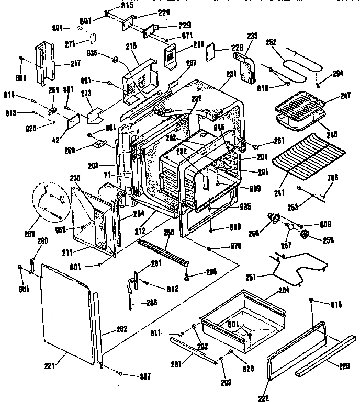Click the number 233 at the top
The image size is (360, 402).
click(252, 36)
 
